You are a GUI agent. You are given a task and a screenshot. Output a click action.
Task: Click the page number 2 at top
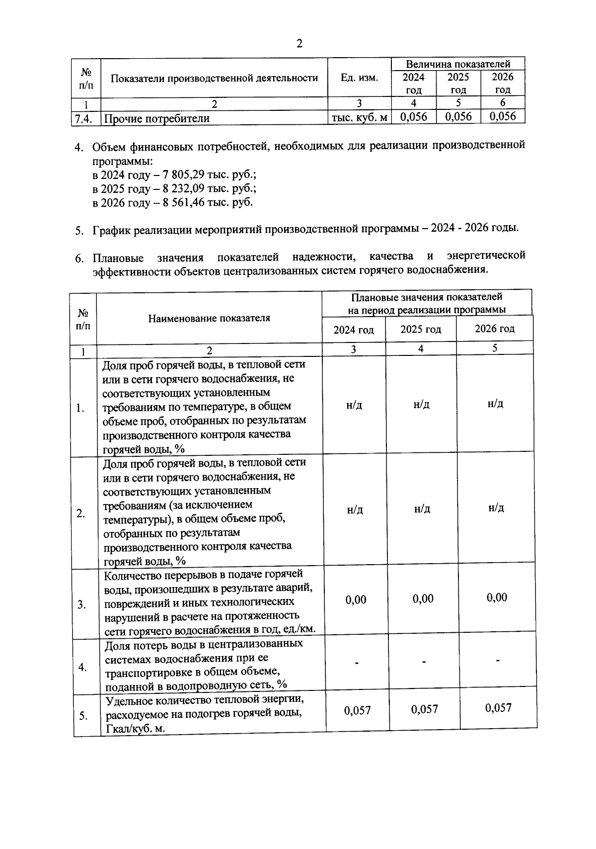coord(299,44)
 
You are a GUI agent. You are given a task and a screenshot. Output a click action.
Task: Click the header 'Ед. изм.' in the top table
coord(360,78)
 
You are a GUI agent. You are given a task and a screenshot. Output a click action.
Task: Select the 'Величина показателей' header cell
coord(458,64)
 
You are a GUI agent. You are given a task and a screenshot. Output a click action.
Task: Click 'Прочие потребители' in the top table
coord(156,118)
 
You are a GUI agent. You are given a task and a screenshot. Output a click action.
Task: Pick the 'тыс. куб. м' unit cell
coord(360,118)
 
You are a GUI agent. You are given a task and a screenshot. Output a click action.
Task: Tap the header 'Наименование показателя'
coord(209,318)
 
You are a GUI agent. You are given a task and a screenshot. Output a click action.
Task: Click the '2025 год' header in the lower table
coord(421,330)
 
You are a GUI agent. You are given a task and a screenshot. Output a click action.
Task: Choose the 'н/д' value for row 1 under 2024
coord(354,405)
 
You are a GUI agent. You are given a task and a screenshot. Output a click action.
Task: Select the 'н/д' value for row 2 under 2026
coord(496,508)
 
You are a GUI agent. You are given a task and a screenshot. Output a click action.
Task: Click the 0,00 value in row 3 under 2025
coord(423,598)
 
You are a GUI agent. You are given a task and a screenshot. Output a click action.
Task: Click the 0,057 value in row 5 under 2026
coord(498,708)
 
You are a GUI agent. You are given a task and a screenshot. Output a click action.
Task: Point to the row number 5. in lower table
coord(82,716)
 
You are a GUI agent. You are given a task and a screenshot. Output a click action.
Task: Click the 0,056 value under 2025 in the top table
coord(458,116)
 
